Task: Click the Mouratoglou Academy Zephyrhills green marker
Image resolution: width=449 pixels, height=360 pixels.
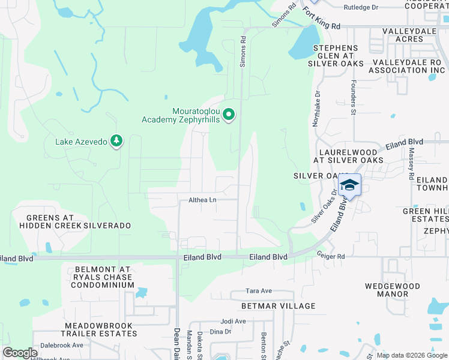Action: (228, 114)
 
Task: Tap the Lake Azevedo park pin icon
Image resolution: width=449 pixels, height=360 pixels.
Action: (116, 142)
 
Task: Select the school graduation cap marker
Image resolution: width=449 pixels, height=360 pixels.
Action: (349, 185)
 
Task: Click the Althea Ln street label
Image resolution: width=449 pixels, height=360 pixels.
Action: (202, 200)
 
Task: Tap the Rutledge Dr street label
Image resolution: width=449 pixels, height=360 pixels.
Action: (361, 8)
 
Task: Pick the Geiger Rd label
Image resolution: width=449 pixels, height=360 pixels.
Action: (331, 256)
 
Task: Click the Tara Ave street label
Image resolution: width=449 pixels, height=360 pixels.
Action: (259, 291)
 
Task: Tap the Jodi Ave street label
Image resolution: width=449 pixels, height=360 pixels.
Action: (234, 321)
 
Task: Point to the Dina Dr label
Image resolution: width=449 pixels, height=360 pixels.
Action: (220, 332)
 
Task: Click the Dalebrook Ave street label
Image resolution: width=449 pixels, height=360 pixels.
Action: (62, 346)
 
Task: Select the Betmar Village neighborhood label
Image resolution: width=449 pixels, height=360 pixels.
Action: (278, 306)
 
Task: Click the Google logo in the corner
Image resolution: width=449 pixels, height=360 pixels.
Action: (20, 353)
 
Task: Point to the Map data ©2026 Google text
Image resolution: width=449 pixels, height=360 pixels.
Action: (411, 355)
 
